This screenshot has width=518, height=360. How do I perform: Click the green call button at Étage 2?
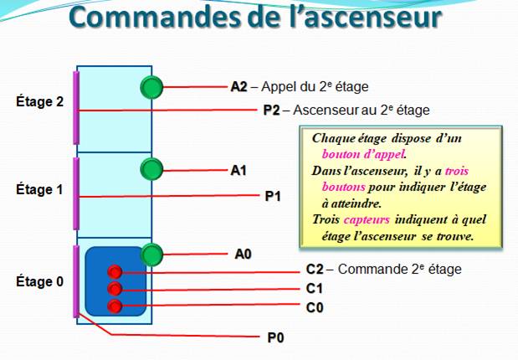[x=151, y=87]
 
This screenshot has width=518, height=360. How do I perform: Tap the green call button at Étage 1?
[x=151, y=169]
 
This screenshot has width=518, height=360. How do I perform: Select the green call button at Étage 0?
[x=152, y=255]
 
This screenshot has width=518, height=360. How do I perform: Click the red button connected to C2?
[x=115, y=272]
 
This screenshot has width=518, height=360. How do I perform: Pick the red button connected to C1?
[x=115, y=290]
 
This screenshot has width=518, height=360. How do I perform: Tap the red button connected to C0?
[x=115, y=306]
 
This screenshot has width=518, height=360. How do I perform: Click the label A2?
[x=238, y=87]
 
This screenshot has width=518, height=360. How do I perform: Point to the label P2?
[x=272, y=110]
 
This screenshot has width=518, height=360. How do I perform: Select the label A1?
[x=238, y=171]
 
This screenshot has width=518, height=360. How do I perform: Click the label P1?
[x=273, y=197]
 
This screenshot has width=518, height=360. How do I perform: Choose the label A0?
[x=244, y=255]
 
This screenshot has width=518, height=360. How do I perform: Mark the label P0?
[x=275, y=338]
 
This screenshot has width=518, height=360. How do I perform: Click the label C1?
[x=315, y=289]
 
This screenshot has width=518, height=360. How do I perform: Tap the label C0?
[x=315, y=308]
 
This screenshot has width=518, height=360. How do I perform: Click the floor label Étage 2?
[x=39, y=101]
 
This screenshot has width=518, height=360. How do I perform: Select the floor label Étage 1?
[x=39, y=189]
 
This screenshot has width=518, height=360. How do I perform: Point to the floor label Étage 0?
[x=39, y=281]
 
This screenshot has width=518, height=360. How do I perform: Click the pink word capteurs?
[x=367, y=220]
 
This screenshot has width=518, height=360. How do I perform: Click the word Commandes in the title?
[x=155, y=17]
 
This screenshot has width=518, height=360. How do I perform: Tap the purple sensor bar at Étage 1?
[x=76, y=193]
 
